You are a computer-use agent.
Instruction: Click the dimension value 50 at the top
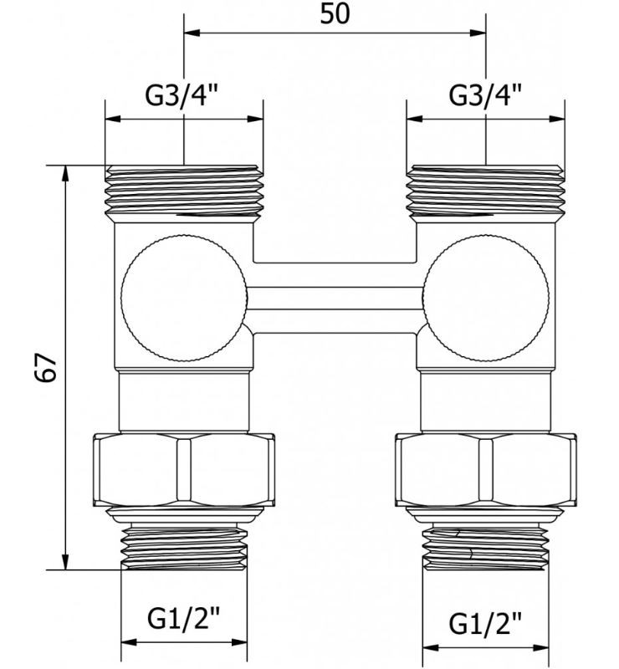(x=335, y=13)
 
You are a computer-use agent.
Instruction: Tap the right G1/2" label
(x=485, y=623)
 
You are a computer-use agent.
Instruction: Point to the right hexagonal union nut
(x=485, y=471)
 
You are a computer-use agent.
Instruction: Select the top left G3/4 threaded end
(x=183, y=191)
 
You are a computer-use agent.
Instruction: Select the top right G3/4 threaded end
(x=485, y=191)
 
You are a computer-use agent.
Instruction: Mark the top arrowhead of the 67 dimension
(x=65, y=171)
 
